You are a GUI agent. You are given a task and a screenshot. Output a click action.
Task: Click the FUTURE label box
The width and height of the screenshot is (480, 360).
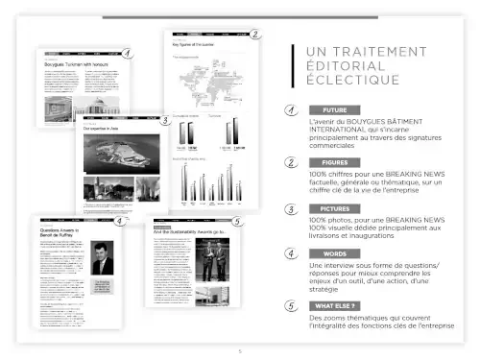click(335, 110)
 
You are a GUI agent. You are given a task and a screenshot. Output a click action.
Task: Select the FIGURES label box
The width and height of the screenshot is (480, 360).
click(335, 162)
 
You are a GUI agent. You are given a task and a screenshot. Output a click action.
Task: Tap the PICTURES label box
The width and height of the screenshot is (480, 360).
click(335, 207)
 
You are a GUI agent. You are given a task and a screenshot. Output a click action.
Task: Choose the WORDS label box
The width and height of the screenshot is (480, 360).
click(335, 253)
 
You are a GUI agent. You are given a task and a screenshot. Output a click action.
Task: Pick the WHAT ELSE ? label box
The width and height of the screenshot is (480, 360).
click(335, 305)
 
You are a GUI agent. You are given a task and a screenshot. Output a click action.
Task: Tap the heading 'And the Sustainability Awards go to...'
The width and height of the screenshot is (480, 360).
click(190, 231)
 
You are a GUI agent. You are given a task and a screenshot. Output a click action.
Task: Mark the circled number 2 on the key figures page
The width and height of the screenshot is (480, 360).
click(255, 34)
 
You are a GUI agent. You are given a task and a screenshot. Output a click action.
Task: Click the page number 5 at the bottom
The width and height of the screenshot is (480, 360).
click(240, 351)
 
